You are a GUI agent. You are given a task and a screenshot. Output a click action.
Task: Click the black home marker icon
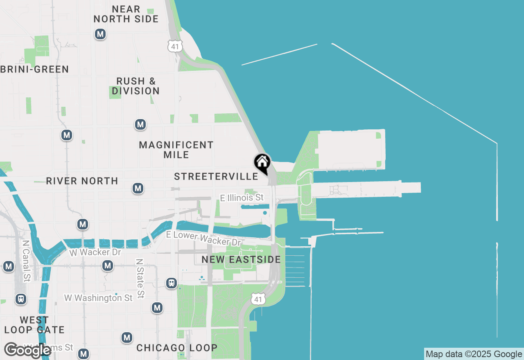pos(262,163)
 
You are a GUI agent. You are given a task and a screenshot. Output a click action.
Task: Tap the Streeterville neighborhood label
pos(216,176)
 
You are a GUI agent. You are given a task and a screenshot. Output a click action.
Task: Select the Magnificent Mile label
pos(176,150)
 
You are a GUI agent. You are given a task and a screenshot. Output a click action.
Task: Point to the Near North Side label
pos(126,14)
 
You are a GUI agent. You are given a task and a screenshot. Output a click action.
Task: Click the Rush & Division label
pos(136,86)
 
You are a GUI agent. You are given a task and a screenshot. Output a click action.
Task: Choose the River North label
pos(82,181)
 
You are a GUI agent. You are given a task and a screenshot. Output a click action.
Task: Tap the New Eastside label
pos(241,259)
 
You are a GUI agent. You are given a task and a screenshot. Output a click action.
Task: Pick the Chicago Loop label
pos(177,348)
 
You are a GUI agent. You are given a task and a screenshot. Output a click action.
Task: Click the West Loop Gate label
pos(34,325)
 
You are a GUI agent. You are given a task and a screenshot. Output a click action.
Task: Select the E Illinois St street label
pos(242,198)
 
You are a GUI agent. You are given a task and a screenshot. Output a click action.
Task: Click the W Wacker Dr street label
pos(95,252)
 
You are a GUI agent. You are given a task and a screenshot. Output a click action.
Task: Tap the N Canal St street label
pos(26,261)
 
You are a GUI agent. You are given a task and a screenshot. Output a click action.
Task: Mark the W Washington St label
pos(98,298)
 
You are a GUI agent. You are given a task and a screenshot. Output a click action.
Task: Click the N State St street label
pos(140,278)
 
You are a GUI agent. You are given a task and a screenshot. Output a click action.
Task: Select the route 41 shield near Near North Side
pos(175,46)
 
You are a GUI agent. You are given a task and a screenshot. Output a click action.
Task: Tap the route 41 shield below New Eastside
pos(257,299)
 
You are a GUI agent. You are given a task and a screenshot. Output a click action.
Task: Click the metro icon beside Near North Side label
pos(100,34)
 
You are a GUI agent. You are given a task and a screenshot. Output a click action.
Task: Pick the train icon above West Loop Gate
pos(21,299)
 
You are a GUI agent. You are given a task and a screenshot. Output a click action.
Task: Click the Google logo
pos(27,350)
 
